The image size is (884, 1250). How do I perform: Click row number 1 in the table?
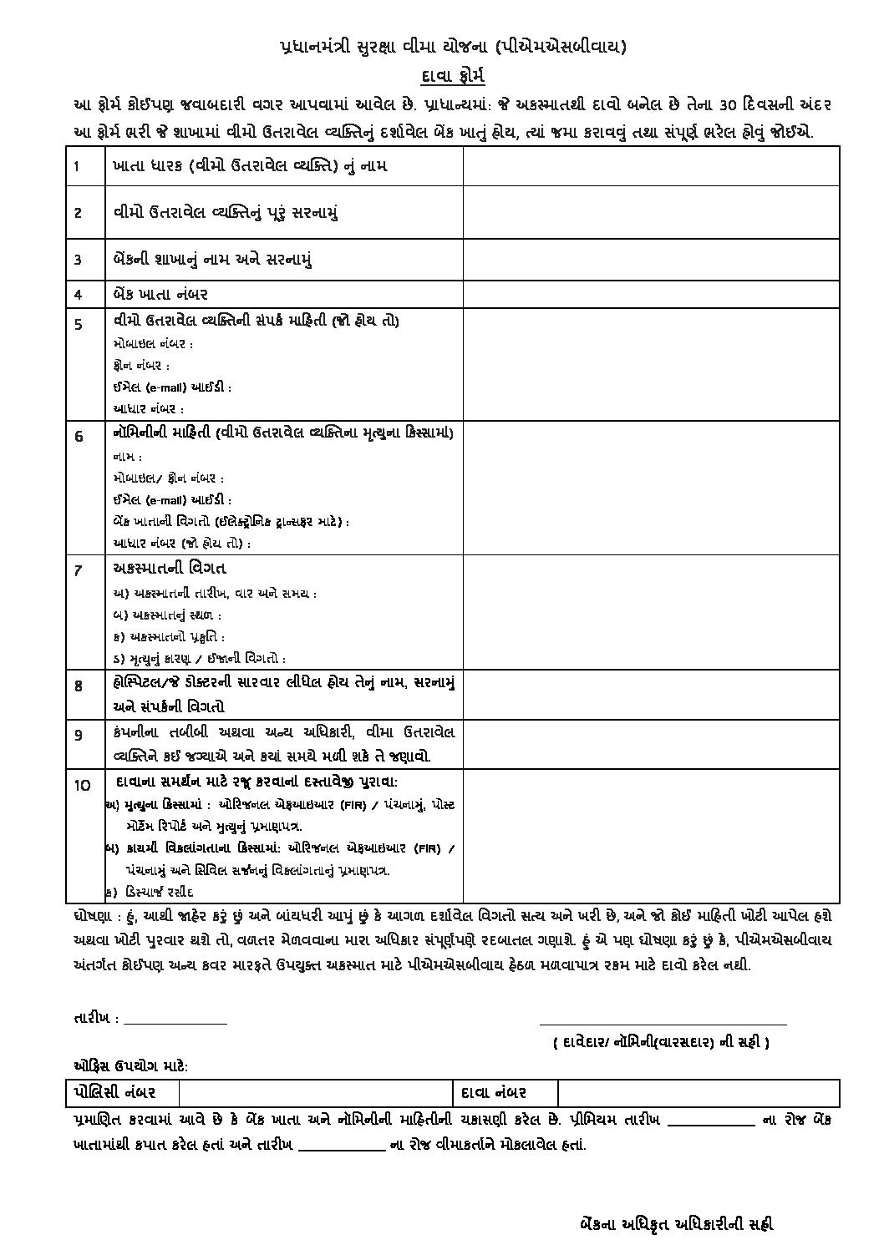(x=77, y=165)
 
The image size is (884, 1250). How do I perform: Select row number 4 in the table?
(x=78, y=294)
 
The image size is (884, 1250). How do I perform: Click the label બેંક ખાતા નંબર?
(x=160, y=294)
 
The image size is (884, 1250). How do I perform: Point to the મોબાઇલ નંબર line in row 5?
(x=153, y=344)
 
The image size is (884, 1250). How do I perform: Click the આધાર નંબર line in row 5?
(x=148, y=409)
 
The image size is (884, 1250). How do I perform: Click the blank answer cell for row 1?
(x=651, y=165)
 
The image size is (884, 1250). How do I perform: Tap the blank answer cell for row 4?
(x=651, y=294)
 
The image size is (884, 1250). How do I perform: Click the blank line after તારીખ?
(x=175, y=1020)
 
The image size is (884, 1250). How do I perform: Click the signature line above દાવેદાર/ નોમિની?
(x=663, y=1021)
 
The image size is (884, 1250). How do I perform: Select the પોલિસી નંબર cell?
(x=122, y=1092)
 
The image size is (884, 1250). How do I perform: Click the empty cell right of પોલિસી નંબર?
(x=316, y=1092)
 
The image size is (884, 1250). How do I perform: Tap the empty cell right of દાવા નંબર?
(x=698, y=1092)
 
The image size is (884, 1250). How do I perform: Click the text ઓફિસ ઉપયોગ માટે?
(x=130, y=1066)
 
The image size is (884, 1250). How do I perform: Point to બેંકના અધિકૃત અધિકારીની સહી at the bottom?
(x=676, y=1224)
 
